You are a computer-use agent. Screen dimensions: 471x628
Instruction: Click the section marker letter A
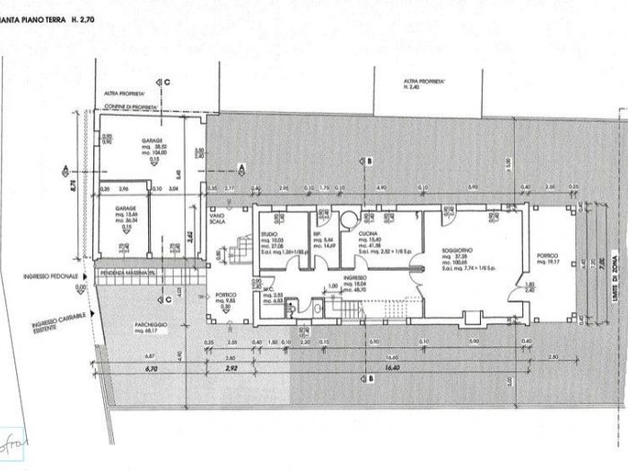point(241,167)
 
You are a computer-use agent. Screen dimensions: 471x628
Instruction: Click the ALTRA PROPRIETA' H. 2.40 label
point(424,84)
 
